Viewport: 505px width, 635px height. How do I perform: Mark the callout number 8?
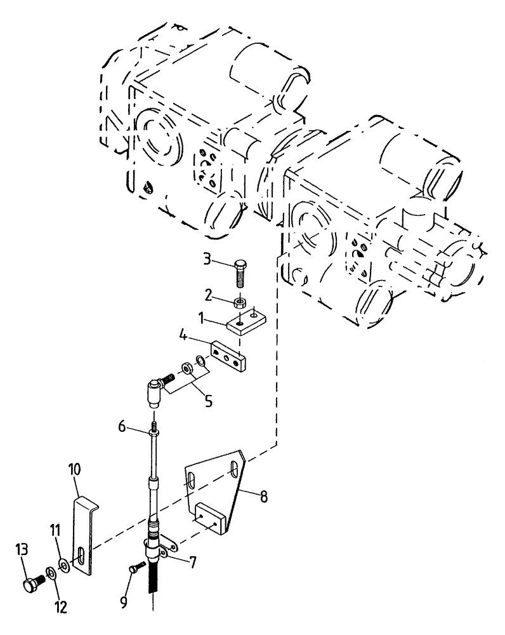click(x=262, y=497)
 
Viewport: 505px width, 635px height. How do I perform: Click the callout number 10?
click(x=75, y=470)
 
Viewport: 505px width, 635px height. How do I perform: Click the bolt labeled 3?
click(x=242, y=273)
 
